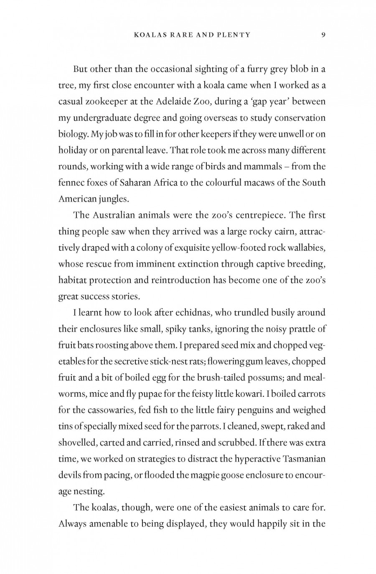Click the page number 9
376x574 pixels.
[323, 35]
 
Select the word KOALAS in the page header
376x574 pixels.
[150, 35]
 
